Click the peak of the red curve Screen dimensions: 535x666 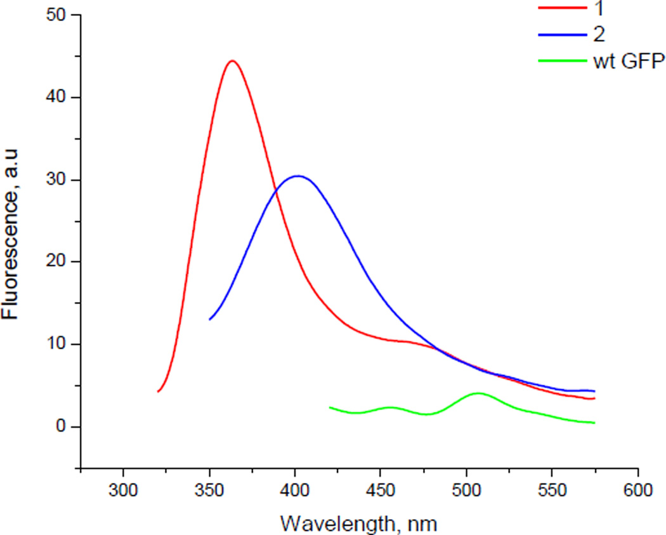(x=232, y=61)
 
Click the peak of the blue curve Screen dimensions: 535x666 (x=297, y=176)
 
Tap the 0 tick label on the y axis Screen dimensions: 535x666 (x=61, y=426)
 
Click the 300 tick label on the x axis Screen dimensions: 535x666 (x=123, y=490)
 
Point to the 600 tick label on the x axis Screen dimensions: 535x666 (x=637, y=490)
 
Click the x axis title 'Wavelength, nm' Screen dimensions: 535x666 (x=359, y=523)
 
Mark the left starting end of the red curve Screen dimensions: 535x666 (x=158, y=392)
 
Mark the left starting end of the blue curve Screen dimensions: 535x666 (x=209, y=319)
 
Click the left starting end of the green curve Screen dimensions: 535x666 (x=330, y=407)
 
